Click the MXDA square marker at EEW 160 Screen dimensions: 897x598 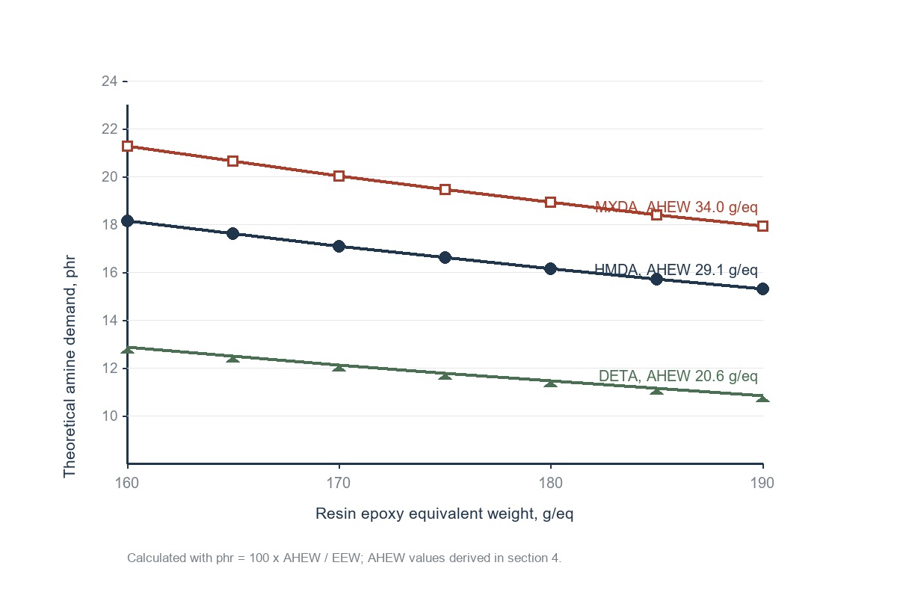click(127, 147)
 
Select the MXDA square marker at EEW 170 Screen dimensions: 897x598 click(339, 176)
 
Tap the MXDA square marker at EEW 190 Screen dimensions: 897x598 click(763, 226)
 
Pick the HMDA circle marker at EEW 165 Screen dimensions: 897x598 click(232, 233)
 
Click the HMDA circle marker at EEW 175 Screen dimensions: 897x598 click(445, 258)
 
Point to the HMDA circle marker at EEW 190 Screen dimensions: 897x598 click(763, 289)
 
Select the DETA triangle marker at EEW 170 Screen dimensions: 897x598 click(339, 367)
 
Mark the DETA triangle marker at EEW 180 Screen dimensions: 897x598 click(551, 383)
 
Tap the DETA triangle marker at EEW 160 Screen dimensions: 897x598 click(127, 350)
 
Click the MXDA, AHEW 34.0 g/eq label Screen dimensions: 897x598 click(676, 207)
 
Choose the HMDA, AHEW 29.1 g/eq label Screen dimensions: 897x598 click(676, 270)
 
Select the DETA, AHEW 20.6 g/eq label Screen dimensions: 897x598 click(678, 376)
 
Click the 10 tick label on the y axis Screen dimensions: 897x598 click(109, 416)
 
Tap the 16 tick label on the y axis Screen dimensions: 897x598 click(109, 273)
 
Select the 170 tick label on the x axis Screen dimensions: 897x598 click(339, 483)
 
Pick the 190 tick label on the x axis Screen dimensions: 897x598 click(762, 483)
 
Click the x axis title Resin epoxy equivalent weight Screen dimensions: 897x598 click(445, 514)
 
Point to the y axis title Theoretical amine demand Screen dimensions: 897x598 click(70, 366)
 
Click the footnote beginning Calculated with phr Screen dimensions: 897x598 click(344, 558)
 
